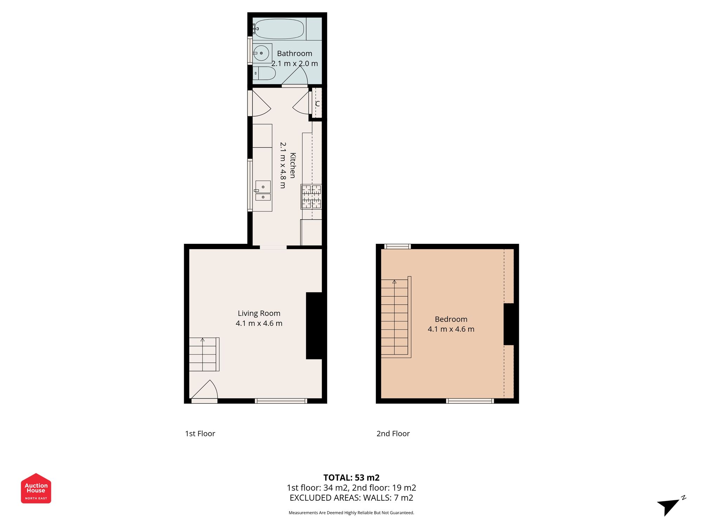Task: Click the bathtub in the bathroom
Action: pyautogui.click(x=279, y=29)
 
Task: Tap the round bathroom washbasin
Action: pyautogui.click(x=261, y=53)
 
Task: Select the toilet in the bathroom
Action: pyautogui.click(x=265, y=73)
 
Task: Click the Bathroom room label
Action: pyautogui.click(x=295, y=53)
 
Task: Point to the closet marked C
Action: pyautogui.click(x=317, y=103)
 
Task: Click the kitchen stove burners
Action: pyautogui.click(x=311, y=197)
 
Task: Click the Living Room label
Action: pyautogui.click(x=259, y=313)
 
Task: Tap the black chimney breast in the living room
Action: pyautogui.click(x=314, y=326)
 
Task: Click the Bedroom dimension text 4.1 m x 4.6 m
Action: pyautogui.click(x=451, y=329)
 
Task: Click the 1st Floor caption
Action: pyautogui.click(x=200, y=434)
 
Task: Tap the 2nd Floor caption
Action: pyautogui.click(x=393, y=434)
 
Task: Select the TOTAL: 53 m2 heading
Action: pyautogui.click(x=351, y=477)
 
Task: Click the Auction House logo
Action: pyautogui.click(x=36, y=488)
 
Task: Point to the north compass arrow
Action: pyautogui.click(x=670, y=506)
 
